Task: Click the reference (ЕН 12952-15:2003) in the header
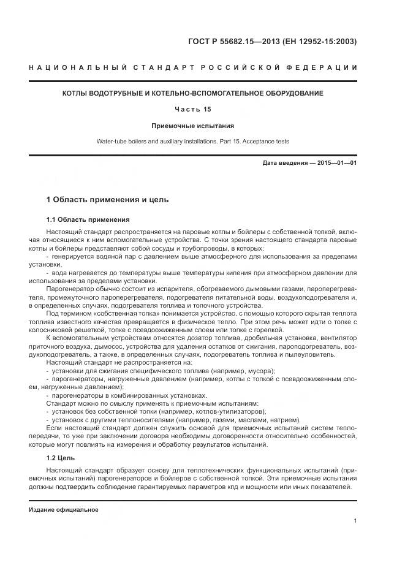click(319, 42)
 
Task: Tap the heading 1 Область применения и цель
click(107, 200)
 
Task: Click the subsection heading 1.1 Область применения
click(88, 219)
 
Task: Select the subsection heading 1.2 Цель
click(61, 457)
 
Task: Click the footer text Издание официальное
click(64, 510)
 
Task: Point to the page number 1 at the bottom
click(355, 521)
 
